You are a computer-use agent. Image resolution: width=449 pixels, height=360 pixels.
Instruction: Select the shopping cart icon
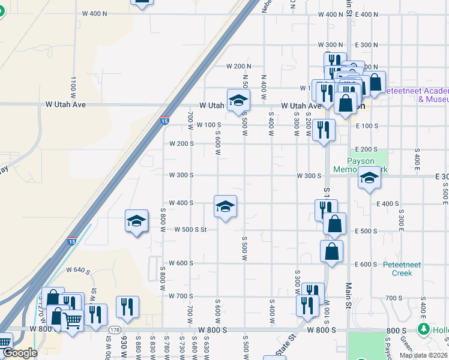coord(73,321)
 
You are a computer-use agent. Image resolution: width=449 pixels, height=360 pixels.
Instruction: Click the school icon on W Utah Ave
coord(238,100)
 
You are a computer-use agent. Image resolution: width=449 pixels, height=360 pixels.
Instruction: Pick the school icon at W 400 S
coord(225,207)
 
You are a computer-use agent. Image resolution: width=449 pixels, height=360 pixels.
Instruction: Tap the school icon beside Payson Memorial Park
coord(369,178)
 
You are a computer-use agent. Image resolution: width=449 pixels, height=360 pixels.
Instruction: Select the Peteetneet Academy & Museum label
coord(415,94)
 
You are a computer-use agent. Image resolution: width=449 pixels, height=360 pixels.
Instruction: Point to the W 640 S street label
coord(78,270)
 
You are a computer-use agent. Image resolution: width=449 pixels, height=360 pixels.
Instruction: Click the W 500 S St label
coord(190,229)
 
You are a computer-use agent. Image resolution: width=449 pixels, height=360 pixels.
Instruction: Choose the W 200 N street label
coord(238,66)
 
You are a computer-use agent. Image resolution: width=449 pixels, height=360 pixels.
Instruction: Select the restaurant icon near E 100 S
coord(324,130)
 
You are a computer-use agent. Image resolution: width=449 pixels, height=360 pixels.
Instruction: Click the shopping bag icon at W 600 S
coord(332,252)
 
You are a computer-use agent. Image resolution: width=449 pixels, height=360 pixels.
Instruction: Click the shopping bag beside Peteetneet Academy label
coord(375,82)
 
